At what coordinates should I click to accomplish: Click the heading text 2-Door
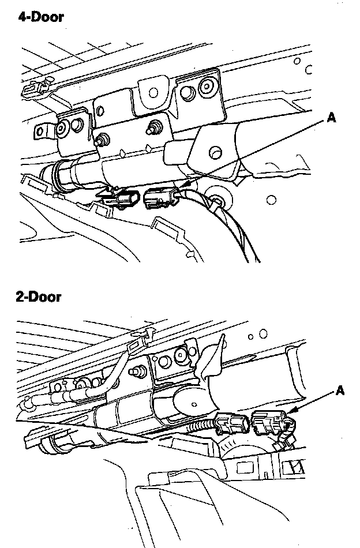click(x=38, y=298)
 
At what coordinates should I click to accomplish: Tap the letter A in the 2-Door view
click(x=340, y=391)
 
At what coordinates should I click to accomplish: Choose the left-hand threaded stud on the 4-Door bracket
click(x=102, y=139)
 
